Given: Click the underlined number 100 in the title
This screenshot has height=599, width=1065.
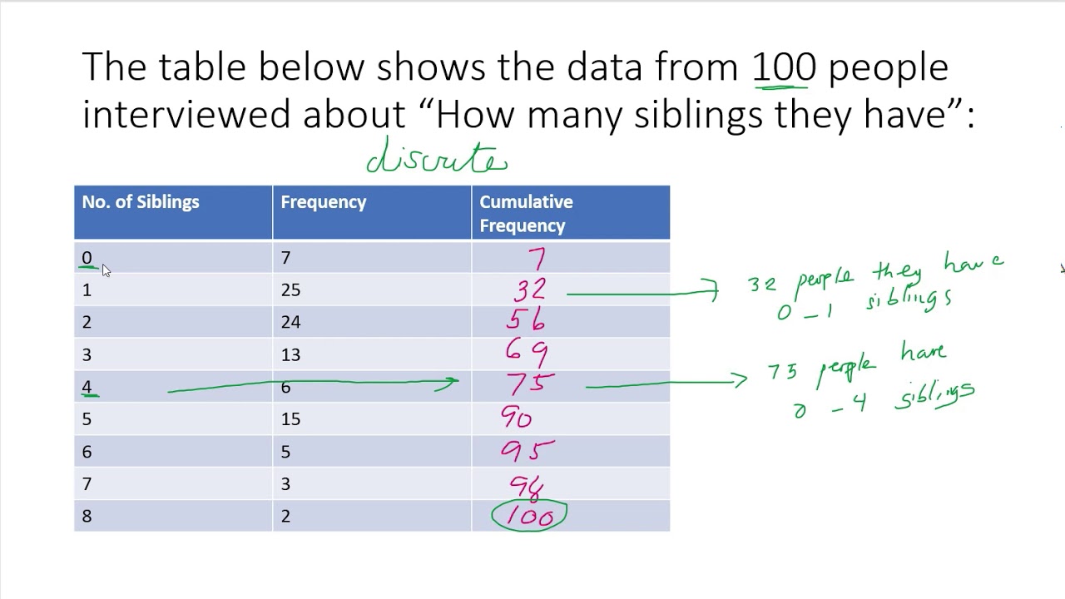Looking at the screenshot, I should coord(784,67).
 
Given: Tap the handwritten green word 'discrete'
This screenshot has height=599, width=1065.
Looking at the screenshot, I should coord(437,158).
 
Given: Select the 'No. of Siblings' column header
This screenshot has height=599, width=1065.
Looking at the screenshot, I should coord(141,202).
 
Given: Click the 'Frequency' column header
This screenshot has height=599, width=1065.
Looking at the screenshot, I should coord(323,202).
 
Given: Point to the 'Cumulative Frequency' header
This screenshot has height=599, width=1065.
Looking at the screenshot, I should coord(525,214).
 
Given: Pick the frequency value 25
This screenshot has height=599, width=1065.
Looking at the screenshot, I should coord(290,290).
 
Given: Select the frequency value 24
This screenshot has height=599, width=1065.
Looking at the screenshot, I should coord(290,323).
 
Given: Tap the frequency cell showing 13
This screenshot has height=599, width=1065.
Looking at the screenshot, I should coord(290,355).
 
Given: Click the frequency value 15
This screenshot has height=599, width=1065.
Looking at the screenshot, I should coord(290,419).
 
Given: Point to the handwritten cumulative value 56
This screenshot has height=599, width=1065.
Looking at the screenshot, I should coord(526,321).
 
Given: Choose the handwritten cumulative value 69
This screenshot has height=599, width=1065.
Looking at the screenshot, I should coord(527,353).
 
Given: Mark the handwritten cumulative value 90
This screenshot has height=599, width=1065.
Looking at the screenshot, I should coord(516,418).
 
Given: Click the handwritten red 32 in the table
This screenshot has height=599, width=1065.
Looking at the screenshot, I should coord(530,290).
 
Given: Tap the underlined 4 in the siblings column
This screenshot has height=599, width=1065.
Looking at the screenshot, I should coord(87,387).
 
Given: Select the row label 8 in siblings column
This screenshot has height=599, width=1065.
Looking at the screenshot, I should coord(87,517).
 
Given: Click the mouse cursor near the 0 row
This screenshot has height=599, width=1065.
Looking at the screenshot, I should coord(106,270).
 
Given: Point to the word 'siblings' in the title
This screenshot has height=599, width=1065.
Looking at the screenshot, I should coord(697,115).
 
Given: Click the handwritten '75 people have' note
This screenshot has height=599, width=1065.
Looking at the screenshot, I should coord(857,366).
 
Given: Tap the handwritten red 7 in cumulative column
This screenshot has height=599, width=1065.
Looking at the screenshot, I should coord(536,258).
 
